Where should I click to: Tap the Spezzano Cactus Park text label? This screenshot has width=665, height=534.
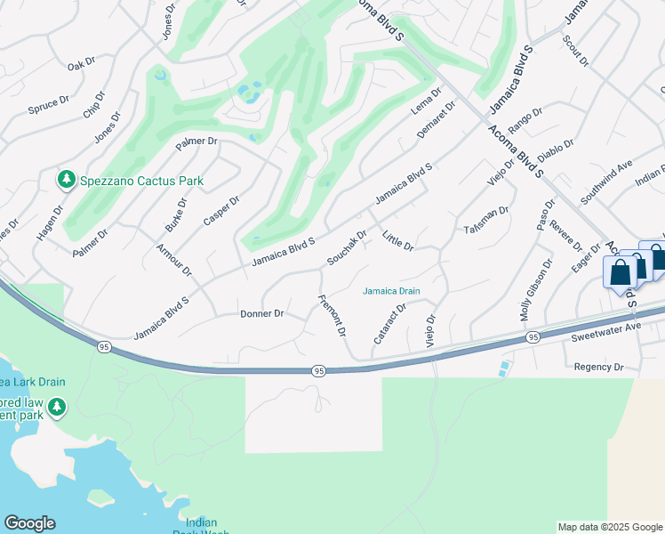point(142,182)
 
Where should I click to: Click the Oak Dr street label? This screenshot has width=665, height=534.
point(81,65)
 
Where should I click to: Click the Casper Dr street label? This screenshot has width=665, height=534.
point(221,212)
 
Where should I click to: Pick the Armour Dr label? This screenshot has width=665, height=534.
point(174,258)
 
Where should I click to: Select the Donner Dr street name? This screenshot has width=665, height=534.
point(261,314)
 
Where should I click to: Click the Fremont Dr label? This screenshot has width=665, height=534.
point(332,316)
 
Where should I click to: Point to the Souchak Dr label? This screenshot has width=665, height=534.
point(347,248)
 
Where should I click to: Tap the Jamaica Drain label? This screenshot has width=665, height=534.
point(391,291)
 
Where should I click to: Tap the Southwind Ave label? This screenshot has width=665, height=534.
point(606,178)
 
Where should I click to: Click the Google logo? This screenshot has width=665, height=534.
point(29,523)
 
